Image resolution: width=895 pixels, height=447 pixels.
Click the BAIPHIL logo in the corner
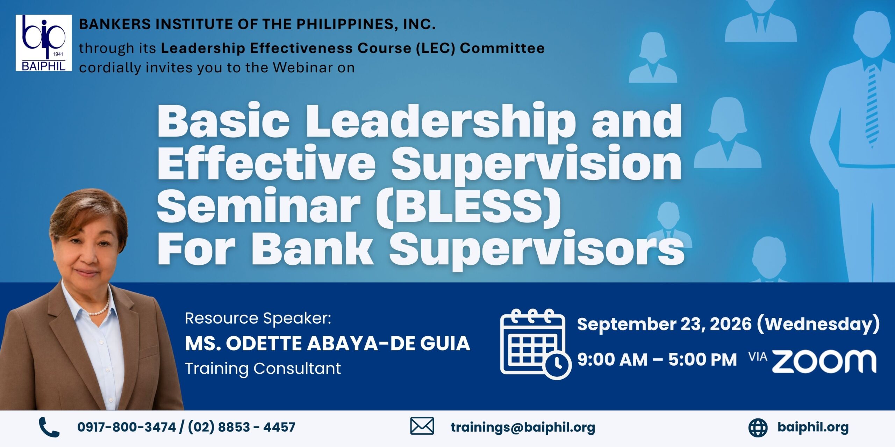[44, 43]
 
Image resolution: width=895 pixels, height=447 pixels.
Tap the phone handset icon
[49, 427]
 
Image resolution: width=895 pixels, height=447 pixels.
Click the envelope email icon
[422, 426]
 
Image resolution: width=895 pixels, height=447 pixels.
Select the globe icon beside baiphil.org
[758, 427]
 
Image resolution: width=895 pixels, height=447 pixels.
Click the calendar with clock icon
[535, 344]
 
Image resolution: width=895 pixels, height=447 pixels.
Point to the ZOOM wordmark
[824, 361]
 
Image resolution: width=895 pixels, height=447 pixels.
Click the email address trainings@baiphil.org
[523, 427]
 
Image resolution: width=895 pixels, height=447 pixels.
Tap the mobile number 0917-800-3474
[127, 427]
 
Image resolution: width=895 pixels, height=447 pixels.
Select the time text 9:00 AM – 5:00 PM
[657, 360]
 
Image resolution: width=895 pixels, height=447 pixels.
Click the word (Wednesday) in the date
[818, 324]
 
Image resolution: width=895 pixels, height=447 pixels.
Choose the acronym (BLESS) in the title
[468, 207]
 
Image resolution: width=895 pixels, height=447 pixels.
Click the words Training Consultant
[263, 369]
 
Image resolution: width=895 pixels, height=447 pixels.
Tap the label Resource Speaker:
[258, 318]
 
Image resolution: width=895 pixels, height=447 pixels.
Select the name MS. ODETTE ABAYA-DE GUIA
[328, 343]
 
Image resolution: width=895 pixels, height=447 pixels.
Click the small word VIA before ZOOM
[758, 357]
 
